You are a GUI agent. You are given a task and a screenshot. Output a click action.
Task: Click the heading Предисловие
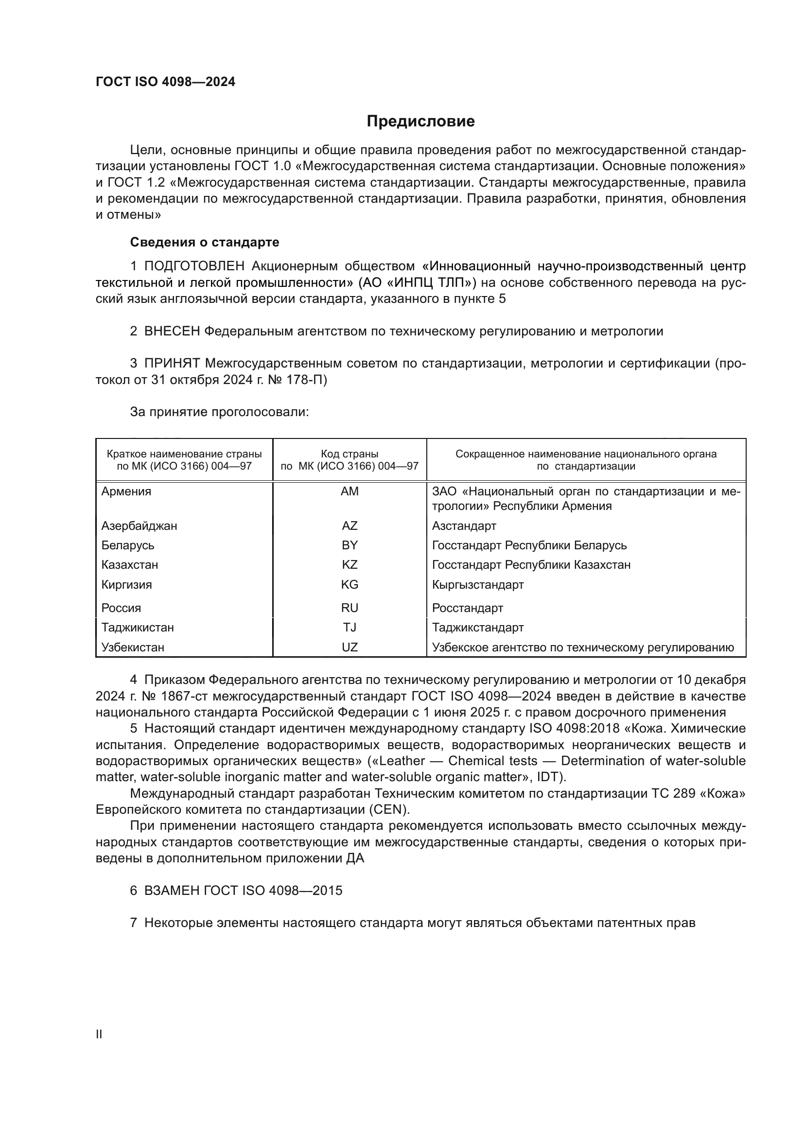point(420,122)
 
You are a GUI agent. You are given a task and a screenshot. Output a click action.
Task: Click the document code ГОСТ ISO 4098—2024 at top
point(165,82)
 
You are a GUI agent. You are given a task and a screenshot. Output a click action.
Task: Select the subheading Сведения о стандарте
point(205,242)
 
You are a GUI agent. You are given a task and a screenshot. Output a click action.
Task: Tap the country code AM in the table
point(350,491)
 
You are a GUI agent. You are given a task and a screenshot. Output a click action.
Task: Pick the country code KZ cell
point(350,564)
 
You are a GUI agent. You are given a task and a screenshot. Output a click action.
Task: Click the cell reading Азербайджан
point(139,525)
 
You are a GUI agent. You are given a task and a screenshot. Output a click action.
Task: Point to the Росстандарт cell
point(467,608)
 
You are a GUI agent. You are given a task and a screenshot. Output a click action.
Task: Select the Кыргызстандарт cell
point(478,584)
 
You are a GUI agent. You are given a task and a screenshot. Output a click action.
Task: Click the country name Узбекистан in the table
point(133,647)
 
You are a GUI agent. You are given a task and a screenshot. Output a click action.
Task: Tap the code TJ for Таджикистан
point(350,628)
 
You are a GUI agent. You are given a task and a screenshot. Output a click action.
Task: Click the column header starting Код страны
point(350,460)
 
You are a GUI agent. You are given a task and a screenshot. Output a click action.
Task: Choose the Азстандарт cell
point(464,525)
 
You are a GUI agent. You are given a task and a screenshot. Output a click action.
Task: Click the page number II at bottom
point(99,1034)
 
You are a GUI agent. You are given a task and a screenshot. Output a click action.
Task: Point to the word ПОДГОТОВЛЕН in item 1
point(194,266)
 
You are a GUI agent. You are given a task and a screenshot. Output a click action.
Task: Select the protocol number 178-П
point(307,380)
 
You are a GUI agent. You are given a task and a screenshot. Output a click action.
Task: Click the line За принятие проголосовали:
point(219,412)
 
